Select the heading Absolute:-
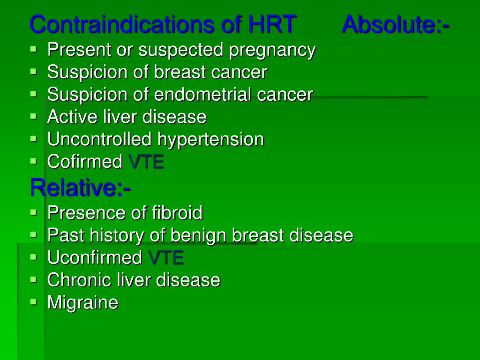coord(396,24)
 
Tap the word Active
coord(73,117)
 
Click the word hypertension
coord(210,140)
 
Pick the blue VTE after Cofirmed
coord(146,162)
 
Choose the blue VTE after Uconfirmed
coord(165,258)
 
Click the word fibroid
coord(177,213)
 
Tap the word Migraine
coord(82,303)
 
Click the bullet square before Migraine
coord(33,302)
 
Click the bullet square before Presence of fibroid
coord(33,212)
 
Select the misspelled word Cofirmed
coord(85,162)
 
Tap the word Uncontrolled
coord(99,139)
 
